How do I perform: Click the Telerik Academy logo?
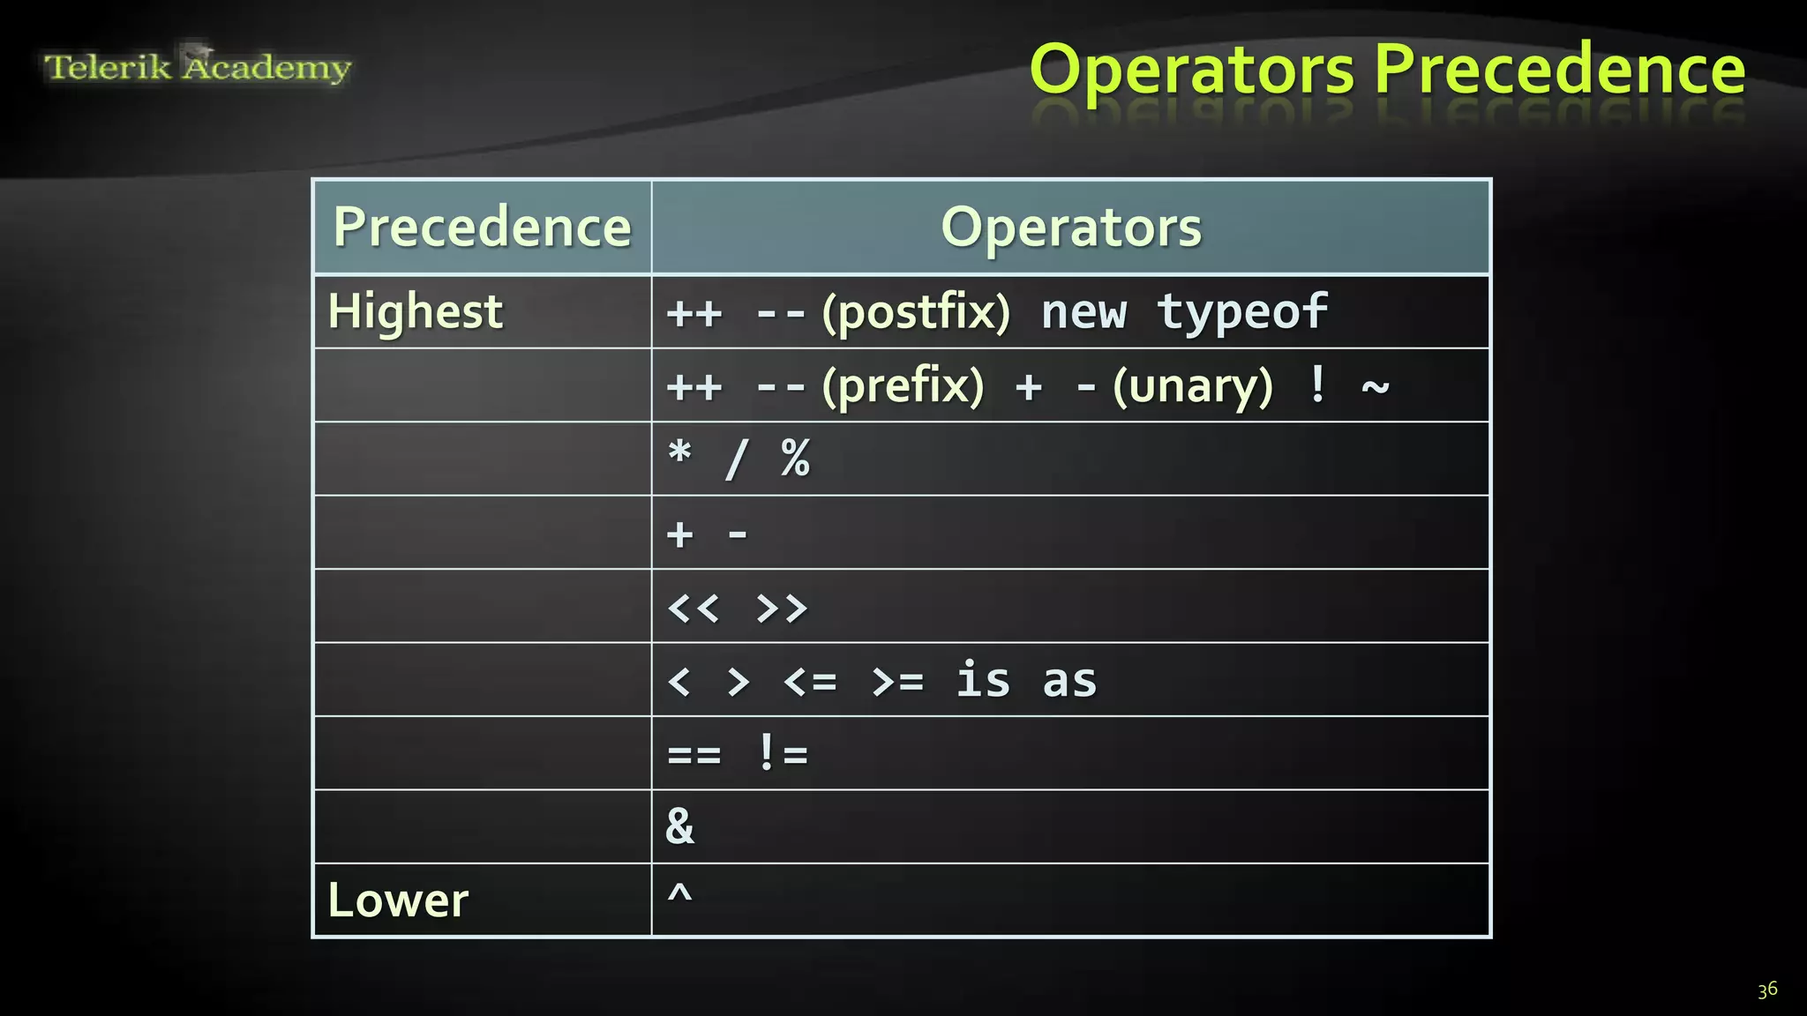(198, 66)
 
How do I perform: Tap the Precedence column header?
(482, 227)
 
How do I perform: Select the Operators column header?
(1070, 227)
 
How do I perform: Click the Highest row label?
(415, 311)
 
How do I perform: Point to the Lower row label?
(398, 900)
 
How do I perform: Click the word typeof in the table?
(1242, 311)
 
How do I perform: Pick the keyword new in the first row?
(1083, 313)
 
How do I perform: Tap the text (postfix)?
(916, 312)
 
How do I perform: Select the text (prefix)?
(903, 386)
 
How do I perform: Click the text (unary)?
(1193, 386)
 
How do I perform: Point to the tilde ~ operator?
(1376, 385)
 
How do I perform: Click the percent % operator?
(795, 459)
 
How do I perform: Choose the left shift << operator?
(694, 608)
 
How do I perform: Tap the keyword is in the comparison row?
(983, 680)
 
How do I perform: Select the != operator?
(783, 754)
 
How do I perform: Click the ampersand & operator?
(679, 826)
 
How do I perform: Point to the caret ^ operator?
(679, 894)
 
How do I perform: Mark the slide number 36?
(1766, 990)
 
